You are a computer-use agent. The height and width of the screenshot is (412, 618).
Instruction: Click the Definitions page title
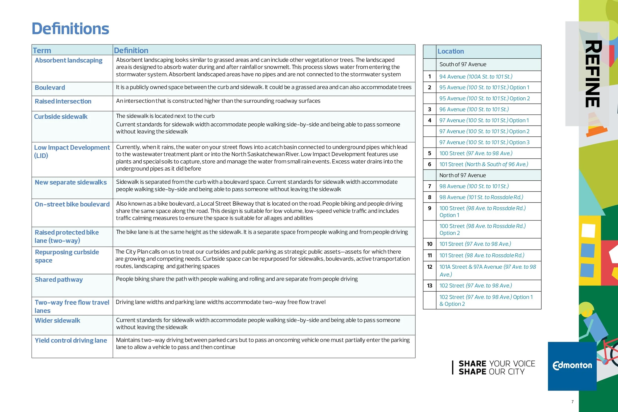click(70, 29)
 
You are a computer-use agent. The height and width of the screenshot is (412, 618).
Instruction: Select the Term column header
click(42, 50)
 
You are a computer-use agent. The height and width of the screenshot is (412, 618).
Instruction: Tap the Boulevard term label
click(50, 87)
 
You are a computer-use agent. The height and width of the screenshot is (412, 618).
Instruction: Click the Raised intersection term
click(63, 101)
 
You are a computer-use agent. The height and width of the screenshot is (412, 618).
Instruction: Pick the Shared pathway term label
click(59, 279)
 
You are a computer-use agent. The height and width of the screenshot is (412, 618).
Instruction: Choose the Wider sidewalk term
click(57, 320)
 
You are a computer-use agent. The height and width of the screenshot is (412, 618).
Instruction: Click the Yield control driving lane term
click(71, 340)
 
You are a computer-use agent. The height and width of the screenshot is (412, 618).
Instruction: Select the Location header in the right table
click(450, 51)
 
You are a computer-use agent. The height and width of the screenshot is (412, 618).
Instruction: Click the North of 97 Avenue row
click(462, 175)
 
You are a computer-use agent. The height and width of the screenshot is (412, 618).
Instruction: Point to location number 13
click(429, 286)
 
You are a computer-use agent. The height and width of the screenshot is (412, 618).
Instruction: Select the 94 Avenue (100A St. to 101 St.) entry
click(476, 76)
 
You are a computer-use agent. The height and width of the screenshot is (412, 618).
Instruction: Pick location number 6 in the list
click(429, 164)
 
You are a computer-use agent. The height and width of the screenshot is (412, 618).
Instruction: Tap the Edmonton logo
click(572, 366)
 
